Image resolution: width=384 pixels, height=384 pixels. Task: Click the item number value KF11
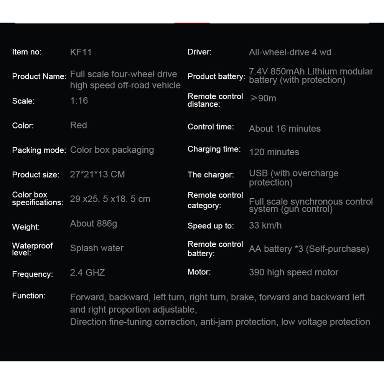point(81,52)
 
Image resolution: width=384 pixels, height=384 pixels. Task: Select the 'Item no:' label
point(27,52)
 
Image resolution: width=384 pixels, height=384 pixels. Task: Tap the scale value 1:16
point(79,101)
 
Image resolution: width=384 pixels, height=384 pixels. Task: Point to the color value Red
point(79,125)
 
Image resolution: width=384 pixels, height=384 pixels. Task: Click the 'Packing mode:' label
point(39,150)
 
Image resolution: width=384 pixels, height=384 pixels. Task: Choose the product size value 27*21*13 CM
point(97,174)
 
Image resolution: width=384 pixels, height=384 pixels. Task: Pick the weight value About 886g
point(94,223)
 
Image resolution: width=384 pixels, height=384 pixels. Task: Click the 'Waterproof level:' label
point(32,249)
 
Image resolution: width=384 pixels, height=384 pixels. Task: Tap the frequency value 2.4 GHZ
point(87,272)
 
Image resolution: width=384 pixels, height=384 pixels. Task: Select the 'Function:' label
point(29,295)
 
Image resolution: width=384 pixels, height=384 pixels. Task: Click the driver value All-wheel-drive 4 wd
point(290,52)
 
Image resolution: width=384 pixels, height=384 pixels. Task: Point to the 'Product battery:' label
point(216,76)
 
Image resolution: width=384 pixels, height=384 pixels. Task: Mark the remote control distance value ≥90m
point(263,98)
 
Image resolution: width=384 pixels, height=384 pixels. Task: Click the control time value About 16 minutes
point(285,129)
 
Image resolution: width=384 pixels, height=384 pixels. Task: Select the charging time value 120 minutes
point(274,152)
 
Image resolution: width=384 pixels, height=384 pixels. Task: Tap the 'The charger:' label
point(211,175)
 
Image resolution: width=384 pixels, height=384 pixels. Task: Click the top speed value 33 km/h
point(265,225)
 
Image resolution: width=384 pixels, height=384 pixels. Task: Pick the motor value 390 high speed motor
point(293,272)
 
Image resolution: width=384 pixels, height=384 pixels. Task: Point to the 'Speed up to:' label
point(211,226)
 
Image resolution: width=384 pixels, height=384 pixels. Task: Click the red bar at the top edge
point(192,23)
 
